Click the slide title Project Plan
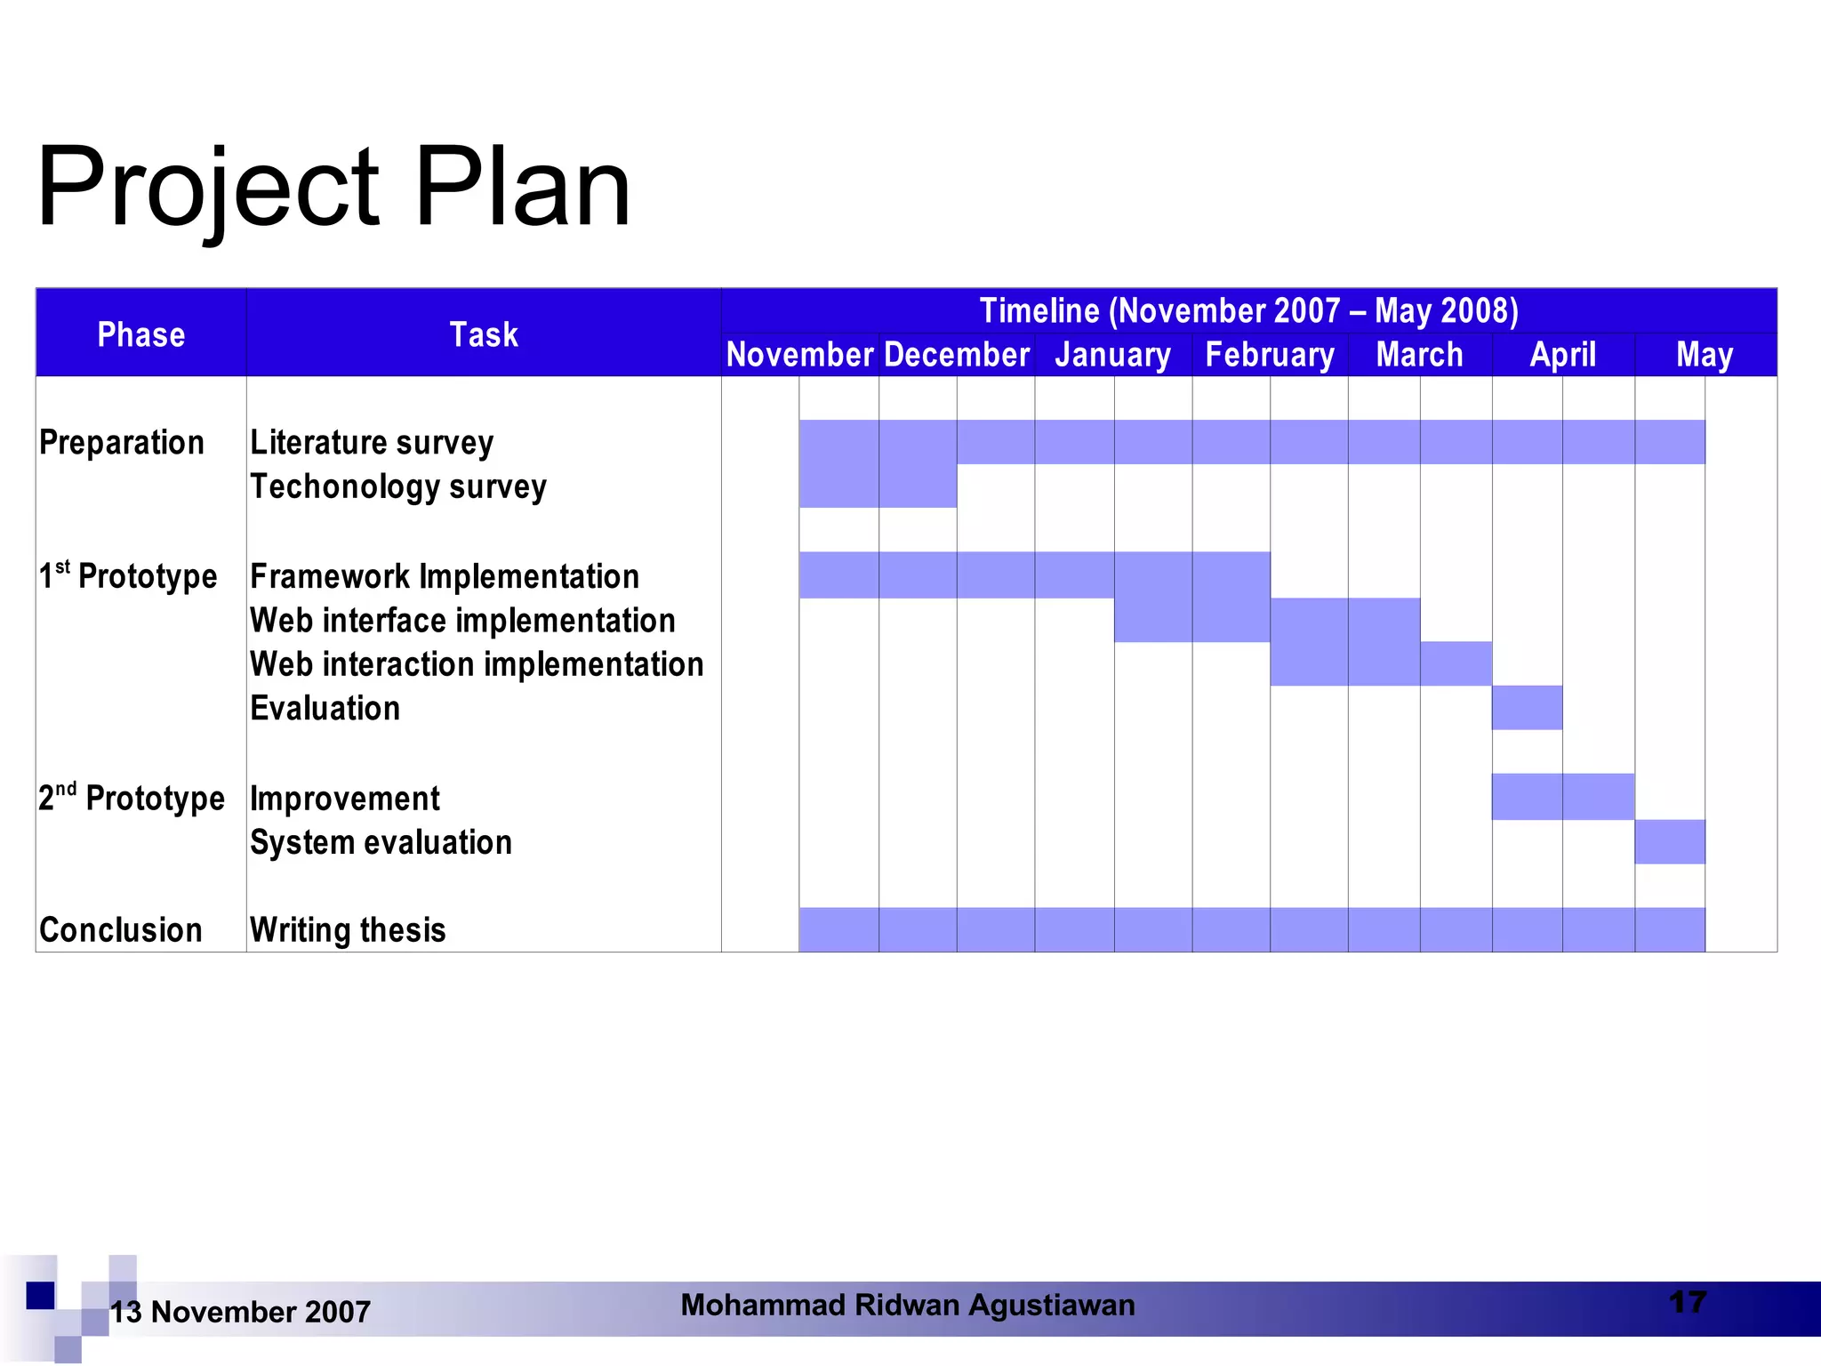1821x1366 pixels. pos(333,188)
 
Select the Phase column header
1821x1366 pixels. pos(140,334)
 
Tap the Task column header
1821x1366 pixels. pos(483,334)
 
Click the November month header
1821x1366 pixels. pos(799,355)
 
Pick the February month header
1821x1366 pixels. pos(1269,355)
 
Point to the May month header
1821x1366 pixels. pos(1704,355)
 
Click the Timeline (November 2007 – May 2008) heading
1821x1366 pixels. pos(1248,310)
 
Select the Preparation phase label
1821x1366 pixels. pos(122,442)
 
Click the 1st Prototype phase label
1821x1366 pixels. pos(128,575)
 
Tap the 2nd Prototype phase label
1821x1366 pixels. pos(132,798)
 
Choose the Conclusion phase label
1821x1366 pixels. pos(121,929)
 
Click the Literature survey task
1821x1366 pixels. pos(372,442)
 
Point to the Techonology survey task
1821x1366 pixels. pos(397,486)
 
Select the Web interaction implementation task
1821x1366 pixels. pos(477,664)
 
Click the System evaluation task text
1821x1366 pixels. pos(381,842)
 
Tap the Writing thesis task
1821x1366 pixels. pos(348,929)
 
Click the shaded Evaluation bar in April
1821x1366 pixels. pos(1527,708)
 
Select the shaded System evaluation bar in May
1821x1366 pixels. pos(1669,841)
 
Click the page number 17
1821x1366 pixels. pos(1687,1303)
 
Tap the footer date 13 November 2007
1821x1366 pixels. pos(240,1312)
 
